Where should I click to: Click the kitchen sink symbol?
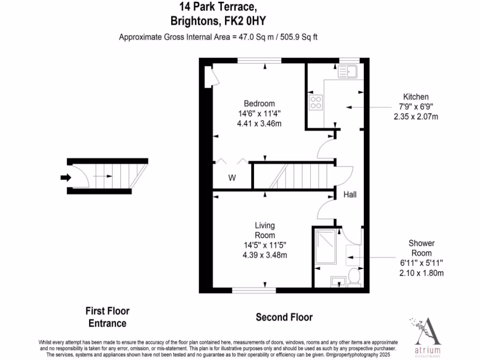(347, 72)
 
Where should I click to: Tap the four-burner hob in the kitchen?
(315, 102)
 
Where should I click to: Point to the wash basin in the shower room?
(338, 281)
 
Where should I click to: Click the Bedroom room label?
(259, 104)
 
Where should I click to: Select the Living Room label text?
(265, 230)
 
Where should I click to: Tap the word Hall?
(350, 194)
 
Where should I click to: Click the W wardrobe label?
(232, 178)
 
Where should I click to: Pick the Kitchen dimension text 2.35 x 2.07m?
(416, 117)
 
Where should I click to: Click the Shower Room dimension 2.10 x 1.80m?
(421, 273)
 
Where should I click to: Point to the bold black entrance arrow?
(65, 177)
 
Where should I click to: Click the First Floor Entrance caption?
(107, 317)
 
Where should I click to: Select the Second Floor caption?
(284, 317)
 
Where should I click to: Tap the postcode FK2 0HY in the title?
(246, 21)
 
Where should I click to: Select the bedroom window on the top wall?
(259, 60)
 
